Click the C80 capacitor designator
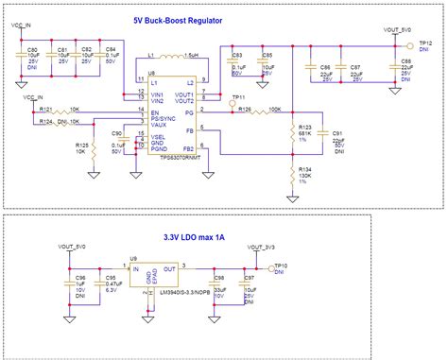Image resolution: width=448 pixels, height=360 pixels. pyautogui.click(x=32, y=48)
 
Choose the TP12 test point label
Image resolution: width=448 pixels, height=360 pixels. pyautogui.click(x=425, y=44)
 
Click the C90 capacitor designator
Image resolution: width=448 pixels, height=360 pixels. pyautogui.click(x=118, y=135)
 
